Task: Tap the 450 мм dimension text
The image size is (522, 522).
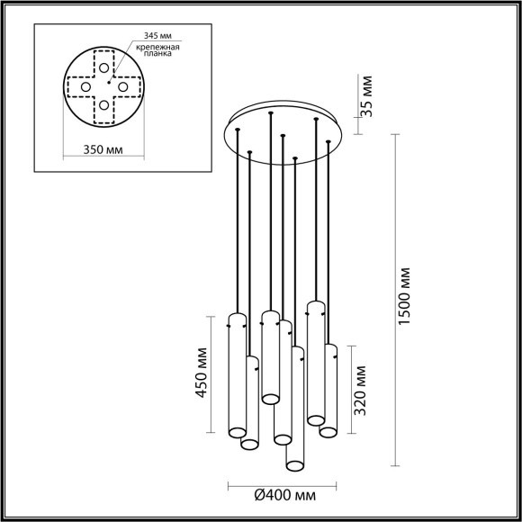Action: coord(202,375)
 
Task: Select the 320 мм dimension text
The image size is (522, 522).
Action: coord(361,388)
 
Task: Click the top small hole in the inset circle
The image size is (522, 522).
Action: coord(105,67)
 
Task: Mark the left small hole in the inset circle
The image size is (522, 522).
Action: coord(85,86)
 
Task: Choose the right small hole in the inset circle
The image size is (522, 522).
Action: coord(124,86)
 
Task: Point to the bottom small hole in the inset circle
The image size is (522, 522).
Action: coord(105,105)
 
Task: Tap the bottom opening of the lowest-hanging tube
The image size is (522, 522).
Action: coord(293,464)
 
